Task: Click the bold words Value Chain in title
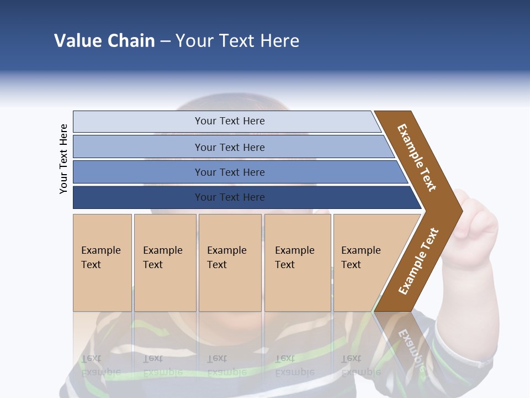click(104, 41)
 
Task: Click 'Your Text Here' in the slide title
click(237, 41)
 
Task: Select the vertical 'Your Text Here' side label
click(63, 159)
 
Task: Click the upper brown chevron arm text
click(417, 158)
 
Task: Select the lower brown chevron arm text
click(418, 261)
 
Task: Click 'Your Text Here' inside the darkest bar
click(230, 197)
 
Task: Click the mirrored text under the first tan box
click(101, 365)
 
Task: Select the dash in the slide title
click(165, 41)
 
